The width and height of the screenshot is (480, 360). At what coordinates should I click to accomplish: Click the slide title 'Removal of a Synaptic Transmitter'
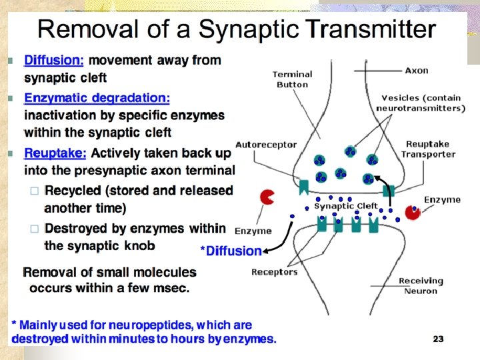pyautogui.click(x=236, y=29)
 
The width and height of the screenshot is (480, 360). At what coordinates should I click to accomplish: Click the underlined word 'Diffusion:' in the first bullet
pyautogui.click(x=54, y=60)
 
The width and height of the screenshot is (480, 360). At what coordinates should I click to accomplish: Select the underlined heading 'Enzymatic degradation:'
pyautogui.click(x=97, y=98)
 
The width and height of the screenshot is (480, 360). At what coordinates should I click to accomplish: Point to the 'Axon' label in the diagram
pyautogui.click(x=417, y=70)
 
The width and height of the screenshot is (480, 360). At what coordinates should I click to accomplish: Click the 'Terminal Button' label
pyautogui.click(x=292, y=79)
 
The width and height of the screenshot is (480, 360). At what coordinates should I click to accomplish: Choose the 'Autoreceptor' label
pyautogui.click(x=263, y=144)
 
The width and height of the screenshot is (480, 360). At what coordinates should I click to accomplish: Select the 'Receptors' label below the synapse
pyautogui.click(x=274, y=271)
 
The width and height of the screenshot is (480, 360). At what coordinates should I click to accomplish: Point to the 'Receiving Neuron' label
pyautogui.click(x=421, y=285)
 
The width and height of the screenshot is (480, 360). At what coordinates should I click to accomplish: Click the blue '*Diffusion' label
pyautogui.click(x=231, y=251)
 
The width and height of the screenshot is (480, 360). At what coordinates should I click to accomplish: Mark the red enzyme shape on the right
pyautogui.click(x=414, y=211)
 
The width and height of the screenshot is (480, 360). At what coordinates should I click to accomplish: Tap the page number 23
pyautogui.click(x=438, y=339)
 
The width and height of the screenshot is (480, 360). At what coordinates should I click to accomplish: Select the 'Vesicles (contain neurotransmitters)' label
pyautogui.click(x=420, y=103)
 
